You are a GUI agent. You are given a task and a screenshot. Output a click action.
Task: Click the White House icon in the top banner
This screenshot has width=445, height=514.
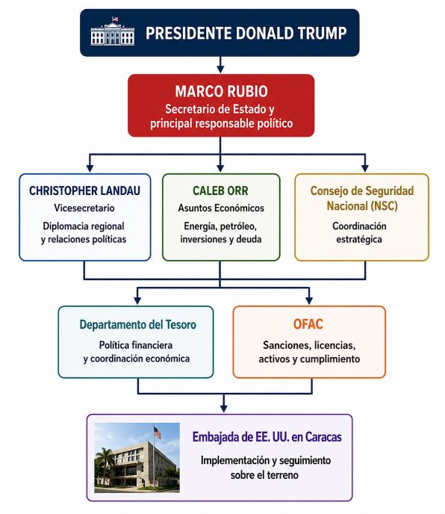pyautogui.click(x=113, y=31)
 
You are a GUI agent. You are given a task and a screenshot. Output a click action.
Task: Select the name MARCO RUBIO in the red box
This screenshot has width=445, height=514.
pyautogui.click(x=221, y=91)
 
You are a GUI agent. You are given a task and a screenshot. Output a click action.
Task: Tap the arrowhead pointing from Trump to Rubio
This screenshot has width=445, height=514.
pyautogui.click(x=220, y=69)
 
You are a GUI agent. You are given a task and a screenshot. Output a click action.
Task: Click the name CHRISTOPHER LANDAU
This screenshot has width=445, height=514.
pyautogui.click(x=84, y=191)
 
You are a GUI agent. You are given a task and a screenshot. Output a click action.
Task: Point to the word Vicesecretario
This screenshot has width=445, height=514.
pyautogui.click(x=84, y=208)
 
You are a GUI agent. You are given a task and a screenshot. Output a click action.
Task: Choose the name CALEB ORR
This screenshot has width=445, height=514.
pyautogui.click(x=220, y=191)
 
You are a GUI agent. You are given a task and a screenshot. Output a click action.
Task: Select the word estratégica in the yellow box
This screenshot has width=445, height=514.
pyautogui.click(x=359, y=239)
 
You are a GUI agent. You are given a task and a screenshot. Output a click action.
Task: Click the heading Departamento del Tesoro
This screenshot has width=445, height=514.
pyautogui.click(x=138, y=324)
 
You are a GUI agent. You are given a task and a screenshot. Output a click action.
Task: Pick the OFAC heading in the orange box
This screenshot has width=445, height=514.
pyautogui.click(x=308, y=324)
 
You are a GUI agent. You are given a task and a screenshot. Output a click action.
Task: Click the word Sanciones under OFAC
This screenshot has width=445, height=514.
pyautogui.click(x=287, y=345)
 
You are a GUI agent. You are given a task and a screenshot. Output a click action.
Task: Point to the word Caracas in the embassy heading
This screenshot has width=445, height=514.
pyautogui.click(x=323, y=437)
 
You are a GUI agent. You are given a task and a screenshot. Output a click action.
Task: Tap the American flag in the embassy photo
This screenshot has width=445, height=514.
pyautogui.click(x=158, y=433)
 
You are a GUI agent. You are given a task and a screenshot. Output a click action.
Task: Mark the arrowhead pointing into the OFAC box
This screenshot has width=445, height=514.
pyautogui.click(x=309, y=300)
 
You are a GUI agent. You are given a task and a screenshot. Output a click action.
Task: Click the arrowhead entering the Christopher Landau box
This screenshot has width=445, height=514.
pyautogui.click(x=90, y=167)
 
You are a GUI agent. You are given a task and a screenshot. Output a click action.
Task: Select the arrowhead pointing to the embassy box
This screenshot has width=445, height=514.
pyautogui.click(x=224, y=408)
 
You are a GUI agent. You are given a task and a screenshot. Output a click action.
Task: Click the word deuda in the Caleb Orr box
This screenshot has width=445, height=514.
pyautogui.click(x=249, y=239)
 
